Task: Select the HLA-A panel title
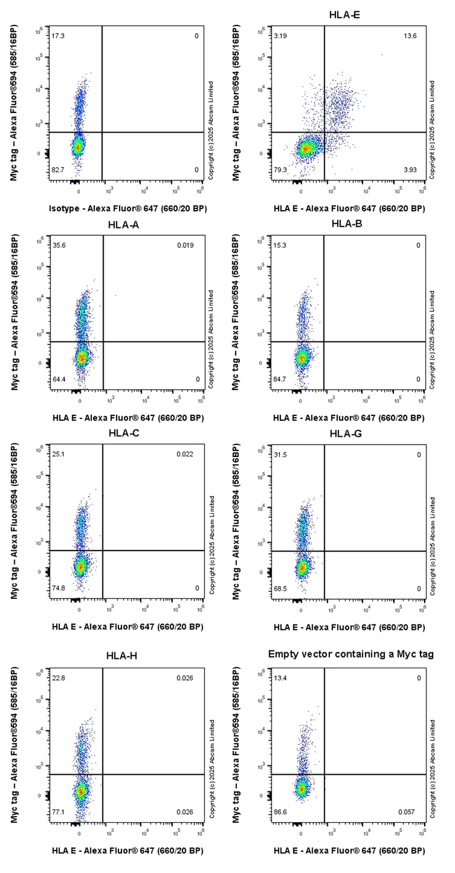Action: pos(123,224)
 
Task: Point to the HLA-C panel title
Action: pos(124,433)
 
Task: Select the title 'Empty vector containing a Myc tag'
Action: pos(351,654)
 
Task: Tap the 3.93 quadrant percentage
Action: pos(411,170)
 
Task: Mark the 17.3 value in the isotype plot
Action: pos(58,36)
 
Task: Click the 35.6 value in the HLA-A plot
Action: pos(59,245)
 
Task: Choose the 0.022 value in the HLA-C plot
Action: pos(184,455)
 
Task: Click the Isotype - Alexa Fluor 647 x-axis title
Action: pos(128,208)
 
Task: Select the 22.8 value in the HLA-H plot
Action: pos(59,678)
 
